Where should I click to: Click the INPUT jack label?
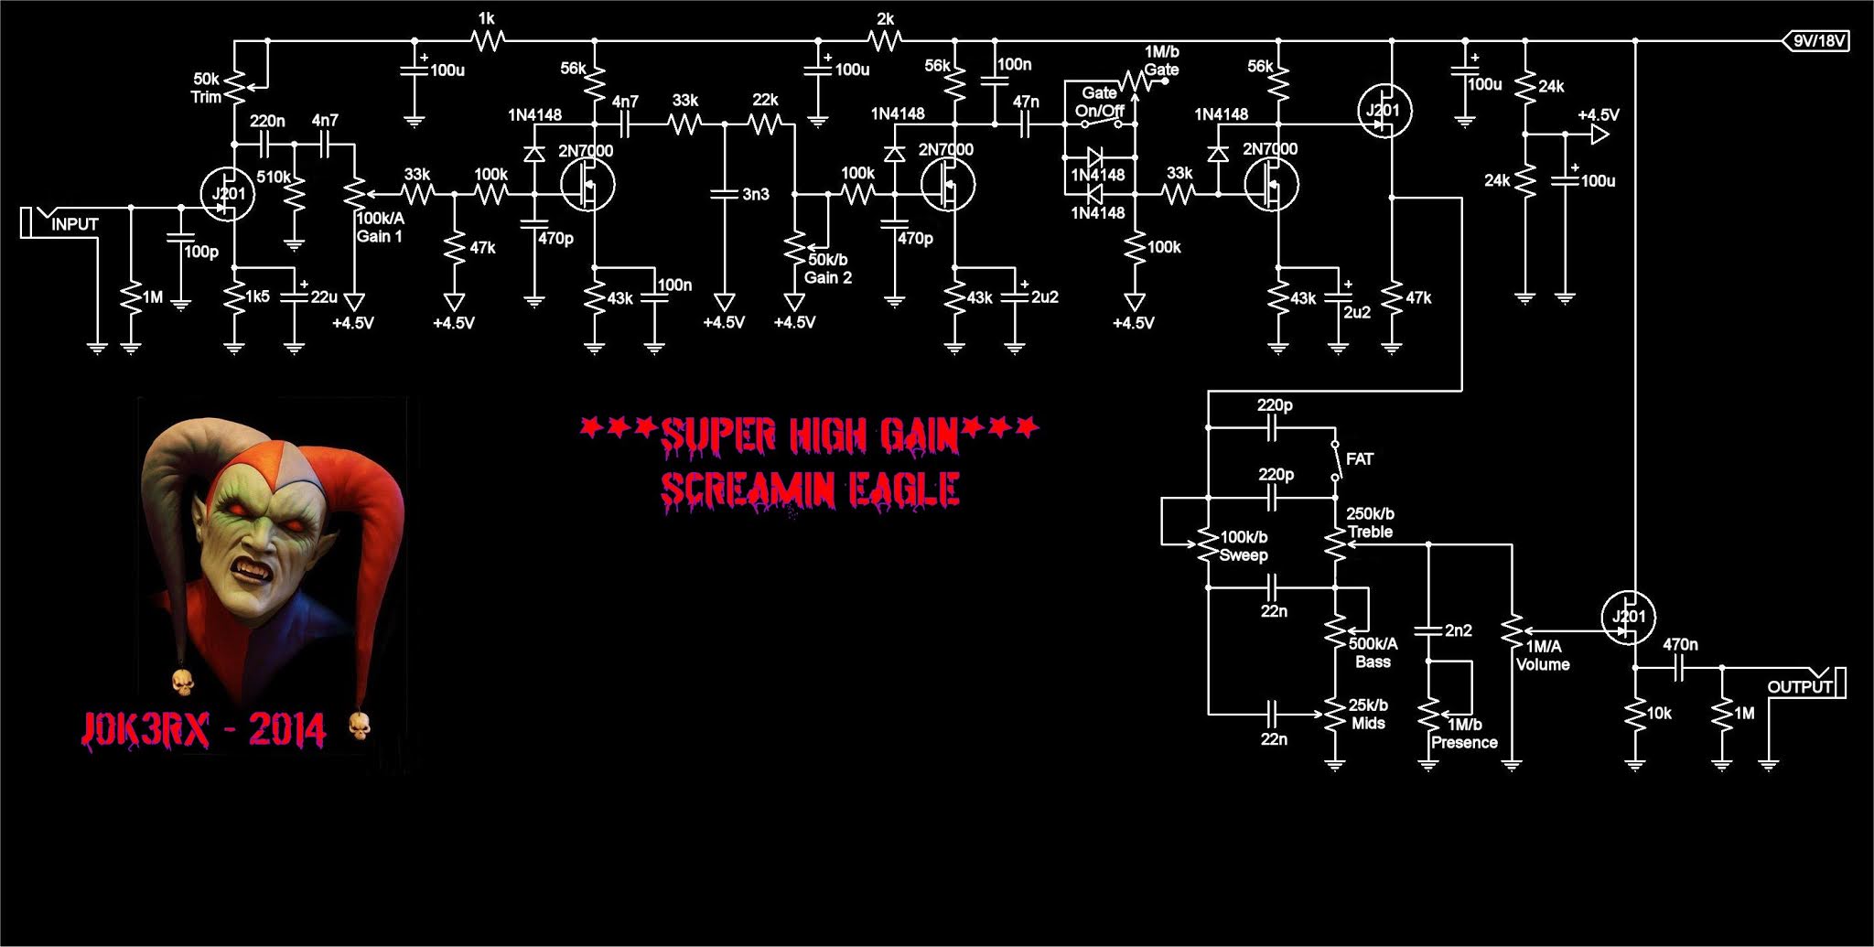(x=74, y=224)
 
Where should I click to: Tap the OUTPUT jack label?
(x=1799, y=686)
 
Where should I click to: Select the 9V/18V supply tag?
(x=1819, y=40)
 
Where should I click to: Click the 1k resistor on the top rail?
(x=487, y=39)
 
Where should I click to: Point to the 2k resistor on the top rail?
(x=885, y=39)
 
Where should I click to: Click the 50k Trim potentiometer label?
(x=207, y=88)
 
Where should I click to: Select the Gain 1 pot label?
(x=380, y=228)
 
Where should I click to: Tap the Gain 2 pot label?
(x=827, y=269)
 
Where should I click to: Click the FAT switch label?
(x=1360, y=459)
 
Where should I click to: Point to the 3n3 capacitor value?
(x=756, y=194)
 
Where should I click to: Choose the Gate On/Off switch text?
(x=1099, y=102)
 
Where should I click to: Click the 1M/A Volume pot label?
(x=1543, y=656)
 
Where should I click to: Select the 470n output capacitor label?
(x=1679, y=644)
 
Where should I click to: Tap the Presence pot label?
(x=1464, y=734)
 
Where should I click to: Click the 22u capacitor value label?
(x=324, y=296)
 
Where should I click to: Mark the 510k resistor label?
(x=274, y=177)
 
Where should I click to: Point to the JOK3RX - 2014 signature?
(x=203, y=729)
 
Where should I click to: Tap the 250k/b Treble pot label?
(x=1370, y=522)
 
